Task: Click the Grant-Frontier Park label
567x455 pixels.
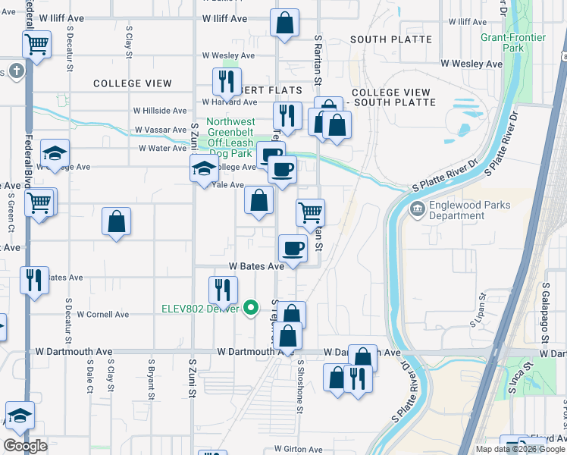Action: [x=502, y=42]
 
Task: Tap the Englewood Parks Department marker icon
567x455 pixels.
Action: [x=415, y=209]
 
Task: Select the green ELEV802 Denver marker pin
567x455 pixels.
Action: [x=254, y=308]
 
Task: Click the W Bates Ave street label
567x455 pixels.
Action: [x=256, y=266]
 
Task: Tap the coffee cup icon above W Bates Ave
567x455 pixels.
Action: [x=293, y=248]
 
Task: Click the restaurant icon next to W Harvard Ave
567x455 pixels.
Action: [x=226, y=80]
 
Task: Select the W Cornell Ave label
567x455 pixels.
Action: [x=103, y=314]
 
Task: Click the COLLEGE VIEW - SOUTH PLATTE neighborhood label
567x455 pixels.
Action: [x=391, y=97]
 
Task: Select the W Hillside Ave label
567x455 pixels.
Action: [x=160, y=110]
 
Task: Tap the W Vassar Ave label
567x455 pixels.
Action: [x=161, y=130]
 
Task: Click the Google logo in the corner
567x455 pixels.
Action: [x=25, y=446]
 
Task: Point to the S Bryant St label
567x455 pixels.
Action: [x=152, y=379]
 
